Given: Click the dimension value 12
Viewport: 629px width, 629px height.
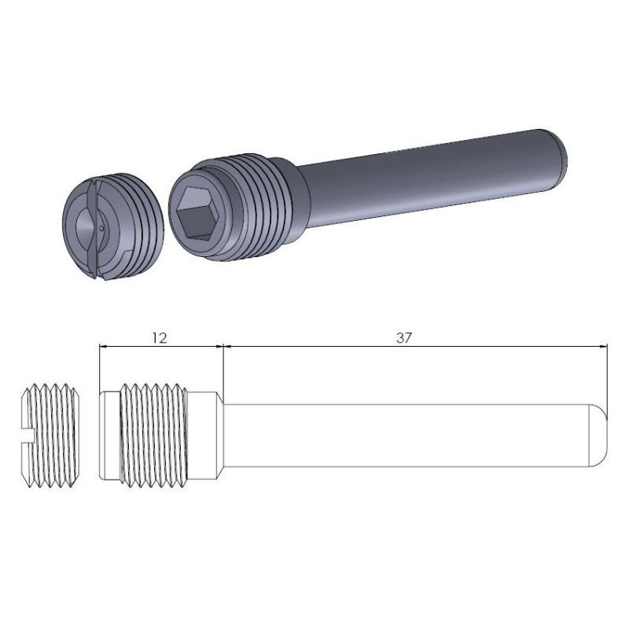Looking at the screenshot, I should coord(159,337).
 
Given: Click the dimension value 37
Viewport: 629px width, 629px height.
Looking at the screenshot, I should coord(404,337).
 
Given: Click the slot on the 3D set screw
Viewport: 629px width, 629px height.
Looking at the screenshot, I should coord(92,228).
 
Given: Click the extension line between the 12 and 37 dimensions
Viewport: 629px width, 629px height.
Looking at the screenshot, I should coord(224,370).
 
